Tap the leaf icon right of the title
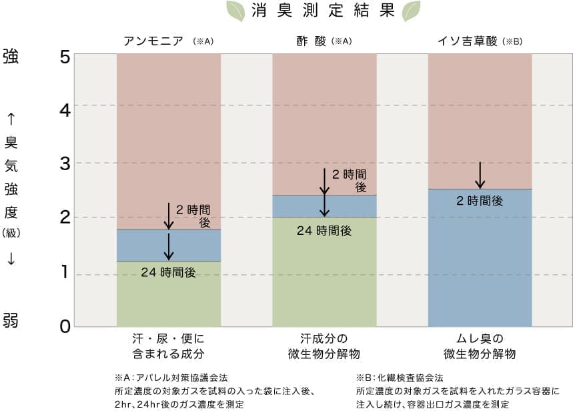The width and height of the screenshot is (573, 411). (411, 11)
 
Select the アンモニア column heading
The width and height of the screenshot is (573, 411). (154, 41)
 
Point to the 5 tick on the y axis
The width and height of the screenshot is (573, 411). (65, 57)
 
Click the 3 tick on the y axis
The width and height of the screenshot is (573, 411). (65, 163)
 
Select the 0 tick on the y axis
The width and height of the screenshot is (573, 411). (65, 327)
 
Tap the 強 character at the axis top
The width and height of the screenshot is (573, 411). (11, 56)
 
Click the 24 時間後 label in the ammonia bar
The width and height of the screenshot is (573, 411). (168, 272)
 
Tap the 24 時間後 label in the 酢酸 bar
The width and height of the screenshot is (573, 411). (324, 231)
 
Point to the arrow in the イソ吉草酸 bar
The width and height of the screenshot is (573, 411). (480, 175)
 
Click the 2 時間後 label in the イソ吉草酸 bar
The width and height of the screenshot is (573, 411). (480, 200)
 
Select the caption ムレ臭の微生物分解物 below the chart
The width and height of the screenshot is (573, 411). (480, 346)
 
